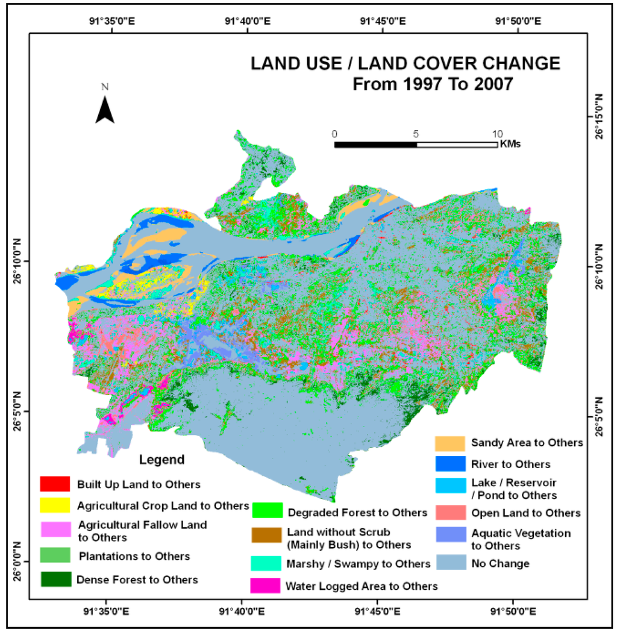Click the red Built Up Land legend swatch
(x=55, y=483)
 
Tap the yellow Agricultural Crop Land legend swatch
(x=55, y=504)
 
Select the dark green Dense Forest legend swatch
(x=55, y=579)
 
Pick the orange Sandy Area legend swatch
(x=450, y=443)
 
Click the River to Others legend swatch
(x=450, y=464)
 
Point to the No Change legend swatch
(x=450, y=563)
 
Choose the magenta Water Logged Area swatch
(x=266, y=585)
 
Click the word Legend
(x=162, y=460)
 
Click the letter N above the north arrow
(x=105, y=86)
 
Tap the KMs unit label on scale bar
(x=510, y=145)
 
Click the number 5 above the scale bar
(x=416, y=134)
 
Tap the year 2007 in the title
(x=485, y=84)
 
